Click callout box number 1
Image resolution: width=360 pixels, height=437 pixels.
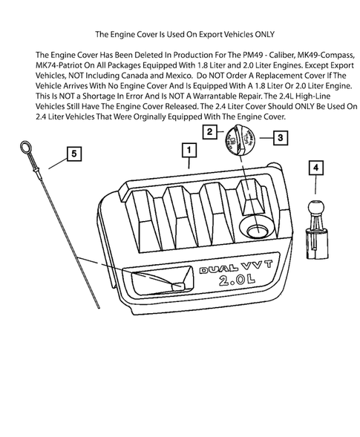pyautogui.click(x=189, y=150)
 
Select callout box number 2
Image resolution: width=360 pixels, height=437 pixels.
pyautogui.click(x=210, y=132)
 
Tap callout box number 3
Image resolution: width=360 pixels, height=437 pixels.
pyautogui.click(x=281, y=138)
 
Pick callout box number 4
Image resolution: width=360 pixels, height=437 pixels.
pyautogui.click(x=315, y=168)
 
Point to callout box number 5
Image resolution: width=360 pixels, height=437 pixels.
pyautogui.click(x=74, y=154)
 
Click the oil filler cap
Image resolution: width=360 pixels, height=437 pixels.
pyautogui.click(x=240, y=139)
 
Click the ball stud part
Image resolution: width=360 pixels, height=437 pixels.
pyautogui.click(x=317, y=229)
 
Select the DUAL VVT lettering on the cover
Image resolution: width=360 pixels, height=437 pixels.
pyautogui.click(x=235, y=266)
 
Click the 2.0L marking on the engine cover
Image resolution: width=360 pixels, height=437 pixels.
pyautogui.click(x=237, y=280)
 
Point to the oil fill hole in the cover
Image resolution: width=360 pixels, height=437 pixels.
pyautogui.click(x=257, y=231)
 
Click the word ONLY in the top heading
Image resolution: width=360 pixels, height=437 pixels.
pyautogui.click(x=264, y=34)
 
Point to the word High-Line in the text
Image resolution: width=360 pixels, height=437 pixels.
pyautogui.click(x=312, y=96)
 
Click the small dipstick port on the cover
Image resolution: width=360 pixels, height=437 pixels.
pyautogui.click(x=178, y=286)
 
